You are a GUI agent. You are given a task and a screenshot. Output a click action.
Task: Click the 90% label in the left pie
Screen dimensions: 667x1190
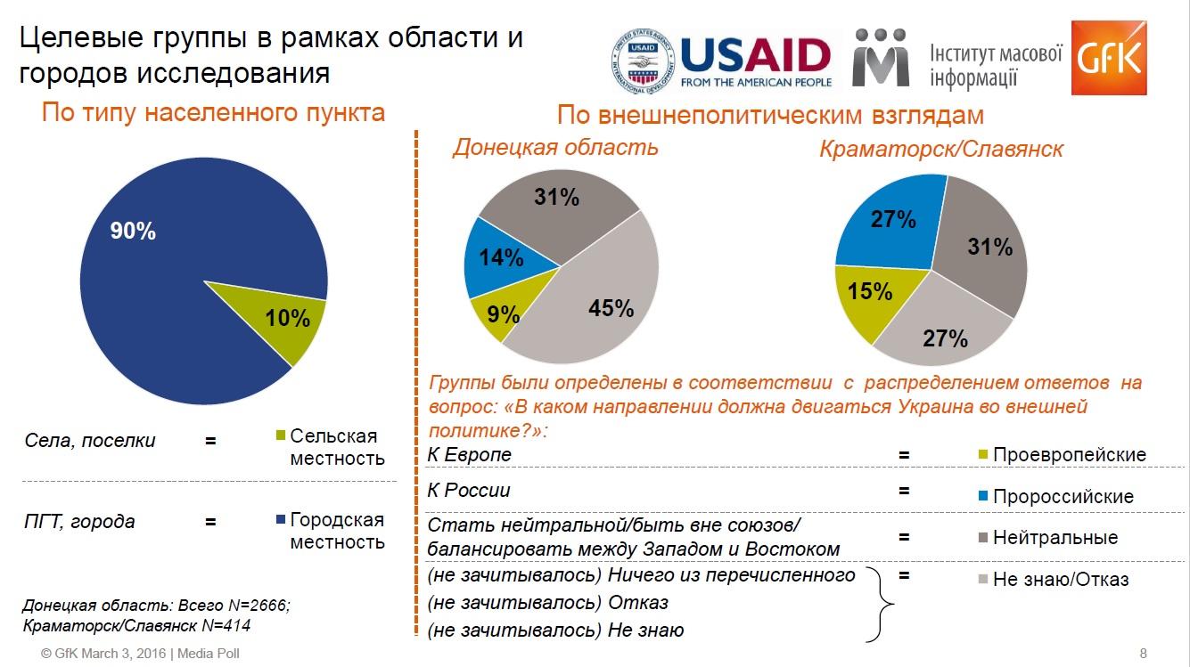point(133,231)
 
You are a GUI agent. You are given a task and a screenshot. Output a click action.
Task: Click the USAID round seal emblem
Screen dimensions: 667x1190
point(642,61)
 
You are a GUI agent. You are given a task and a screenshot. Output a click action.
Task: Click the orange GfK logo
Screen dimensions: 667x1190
point(1108,57)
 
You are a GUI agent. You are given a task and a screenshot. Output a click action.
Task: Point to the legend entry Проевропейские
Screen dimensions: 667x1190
point(1068,455)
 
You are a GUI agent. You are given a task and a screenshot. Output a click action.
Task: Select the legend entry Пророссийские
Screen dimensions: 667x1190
point(1062,497)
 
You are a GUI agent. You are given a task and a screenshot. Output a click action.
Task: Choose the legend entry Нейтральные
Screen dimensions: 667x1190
point(1055,538)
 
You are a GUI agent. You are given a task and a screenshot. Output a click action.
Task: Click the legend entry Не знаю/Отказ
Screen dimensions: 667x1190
point(1060,580)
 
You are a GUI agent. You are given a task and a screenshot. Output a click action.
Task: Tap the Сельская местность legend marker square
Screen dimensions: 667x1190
point(281,436)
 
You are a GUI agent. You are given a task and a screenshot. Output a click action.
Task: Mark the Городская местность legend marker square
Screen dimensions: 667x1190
point(281,520)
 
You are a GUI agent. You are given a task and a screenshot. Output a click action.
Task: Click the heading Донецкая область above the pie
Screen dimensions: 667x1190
point(554,148)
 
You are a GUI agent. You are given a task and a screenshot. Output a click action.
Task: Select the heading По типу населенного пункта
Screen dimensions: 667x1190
point(214,113)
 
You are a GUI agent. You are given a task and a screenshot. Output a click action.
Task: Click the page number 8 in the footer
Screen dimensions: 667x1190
point(1144,653)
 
